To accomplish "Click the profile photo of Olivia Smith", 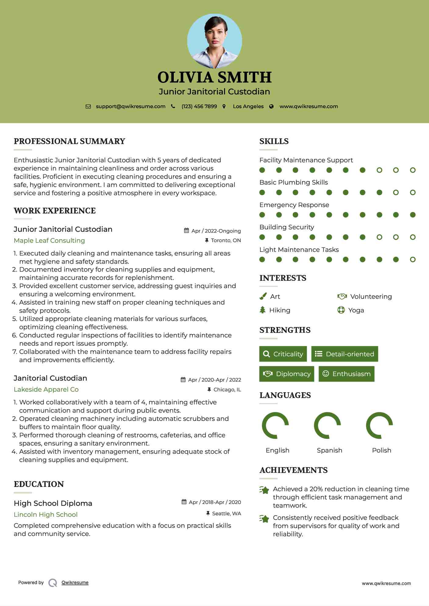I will pos(214,41).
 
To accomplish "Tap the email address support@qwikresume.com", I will pos(130,106).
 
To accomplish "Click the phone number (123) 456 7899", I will pos(199,106).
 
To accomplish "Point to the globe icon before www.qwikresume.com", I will pos(271,106).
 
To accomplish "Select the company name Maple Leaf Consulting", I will pos(49,241).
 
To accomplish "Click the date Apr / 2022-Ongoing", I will pos(216,231).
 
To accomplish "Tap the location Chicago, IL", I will pos(227,389).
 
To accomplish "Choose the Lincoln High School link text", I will pos(46,514).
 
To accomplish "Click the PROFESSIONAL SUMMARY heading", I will pos(70,141).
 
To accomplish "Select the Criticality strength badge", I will pos(283,354).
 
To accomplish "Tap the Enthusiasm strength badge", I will pos(346,374).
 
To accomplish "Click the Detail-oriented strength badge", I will pos(345,354).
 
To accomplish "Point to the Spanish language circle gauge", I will pos(327,425).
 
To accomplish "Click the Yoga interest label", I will pos(356,310).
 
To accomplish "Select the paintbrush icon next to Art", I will pos(263,296).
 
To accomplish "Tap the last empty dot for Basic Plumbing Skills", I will pos(413,192).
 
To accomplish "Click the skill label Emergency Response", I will pos(294,205).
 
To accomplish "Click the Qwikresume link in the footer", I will pos(75,583).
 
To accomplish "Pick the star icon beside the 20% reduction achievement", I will pos(264,490).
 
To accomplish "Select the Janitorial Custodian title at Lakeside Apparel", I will pos(50,378).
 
